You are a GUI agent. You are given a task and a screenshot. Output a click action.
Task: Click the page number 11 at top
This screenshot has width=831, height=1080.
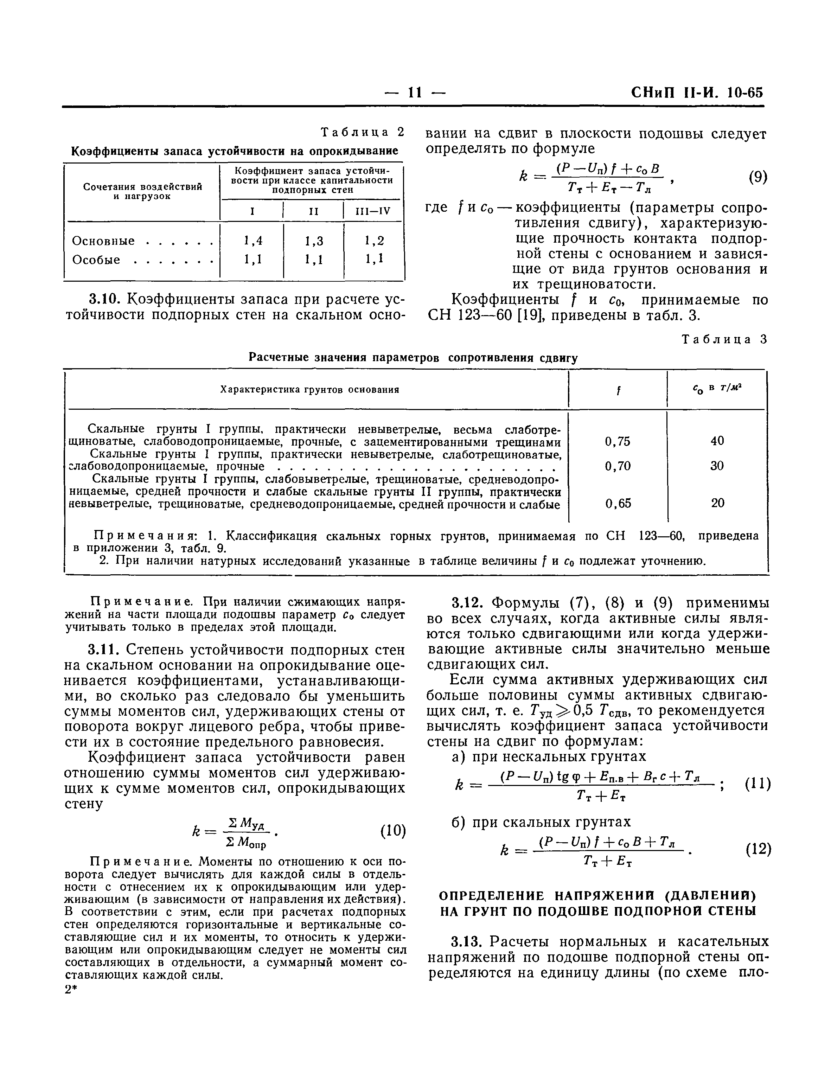coord(415,92)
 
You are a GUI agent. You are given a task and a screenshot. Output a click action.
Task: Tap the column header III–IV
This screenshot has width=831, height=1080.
coord(373,211)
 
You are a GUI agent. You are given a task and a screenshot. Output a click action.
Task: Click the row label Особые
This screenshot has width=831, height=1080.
coord(96,260)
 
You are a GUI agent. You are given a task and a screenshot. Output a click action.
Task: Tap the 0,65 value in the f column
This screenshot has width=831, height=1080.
coord(618,503)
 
